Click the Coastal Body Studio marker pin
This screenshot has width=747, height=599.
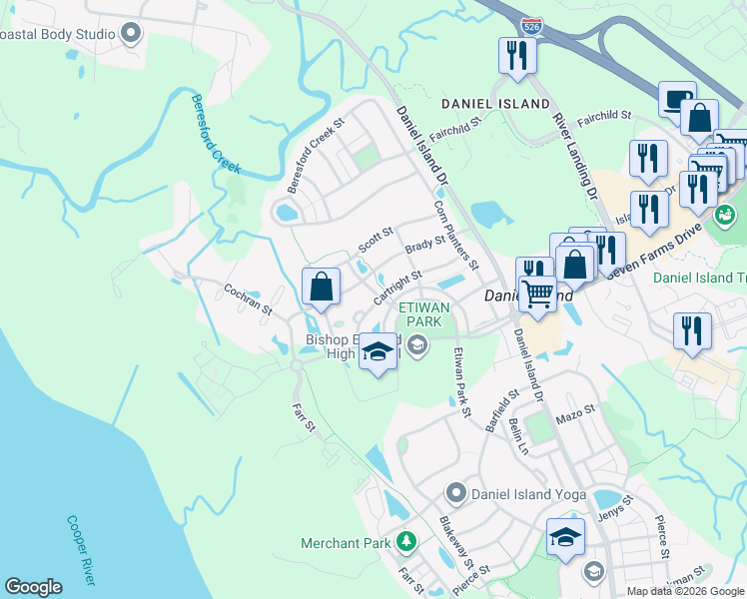(130, 34)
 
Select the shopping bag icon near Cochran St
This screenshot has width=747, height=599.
(321, 288)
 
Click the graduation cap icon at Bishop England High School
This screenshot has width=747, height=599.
(378, 353)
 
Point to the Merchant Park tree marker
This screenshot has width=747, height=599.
(405, 542)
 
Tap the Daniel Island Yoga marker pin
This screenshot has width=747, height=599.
(456, 492)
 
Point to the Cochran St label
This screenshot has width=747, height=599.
(249, 301)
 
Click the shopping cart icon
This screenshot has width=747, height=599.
(537, 294)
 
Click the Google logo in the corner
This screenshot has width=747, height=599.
(33, 587)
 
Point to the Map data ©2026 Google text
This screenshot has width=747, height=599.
(684, 591)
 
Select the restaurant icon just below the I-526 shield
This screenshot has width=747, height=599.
(517, 56)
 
